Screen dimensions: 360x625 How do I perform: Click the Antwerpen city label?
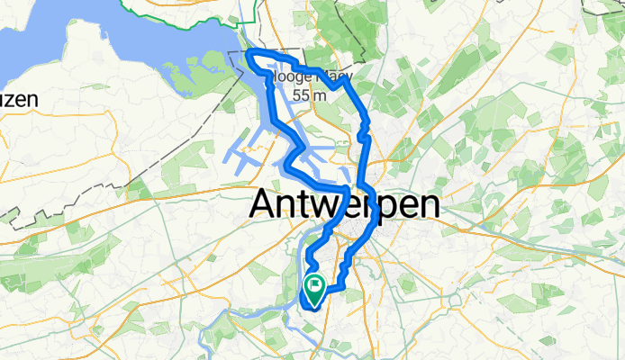tap(344, 204)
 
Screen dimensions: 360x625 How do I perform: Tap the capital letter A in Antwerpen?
tap(262, 204)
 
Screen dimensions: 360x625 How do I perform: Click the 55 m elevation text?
tap(308, 94)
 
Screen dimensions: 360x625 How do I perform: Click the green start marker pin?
tap(315, 289)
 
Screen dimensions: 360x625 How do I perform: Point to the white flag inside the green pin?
tap(315, 286)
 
